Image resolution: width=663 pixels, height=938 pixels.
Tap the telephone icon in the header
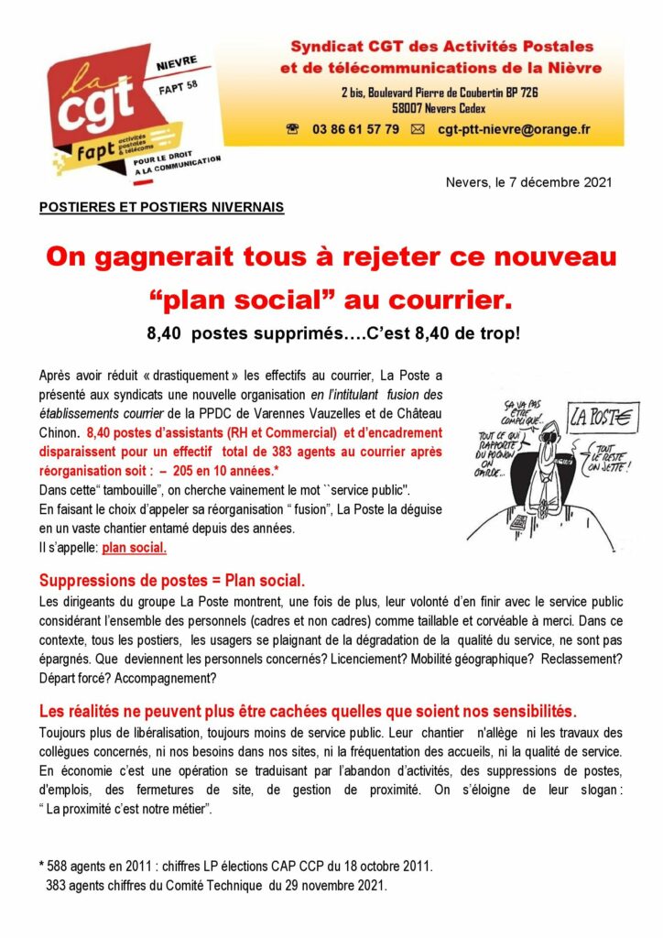[293, 129]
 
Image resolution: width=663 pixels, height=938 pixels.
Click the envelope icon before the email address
[418, 129]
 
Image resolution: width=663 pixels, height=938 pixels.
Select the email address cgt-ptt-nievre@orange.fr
[514, 129]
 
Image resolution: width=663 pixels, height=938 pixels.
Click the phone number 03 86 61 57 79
[356, 129]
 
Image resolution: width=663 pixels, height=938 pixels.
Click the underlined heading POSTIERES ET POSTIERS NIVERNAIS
[162, 207]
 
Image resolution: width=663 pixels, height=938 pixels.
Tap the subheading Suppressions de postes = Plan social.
[173, 582]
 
